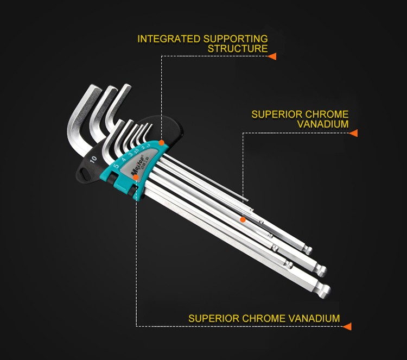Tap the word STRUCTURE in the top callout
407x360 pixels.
coord(238,49)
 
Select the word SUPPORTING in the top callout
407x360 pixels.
coord(236,39)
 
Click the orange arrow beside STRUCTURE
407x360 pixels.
coord(272,56)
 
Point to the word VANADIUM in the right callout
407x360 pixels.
coord(323,124)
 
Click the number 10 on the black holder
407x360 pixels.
coord(94,159)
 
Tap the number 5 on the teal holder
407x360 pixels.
coord(116,166)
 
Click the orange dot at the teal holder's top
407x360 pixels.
coord(162,142)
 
